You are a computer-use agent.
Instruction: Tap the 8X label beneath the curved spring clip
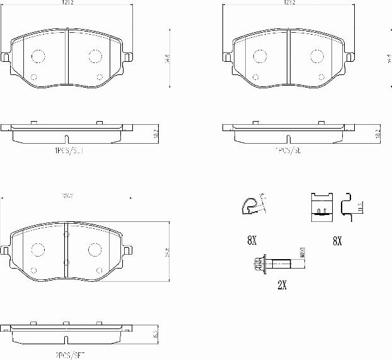point(251,240)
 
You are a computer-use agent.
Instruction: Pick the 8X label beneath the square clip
point(336,240)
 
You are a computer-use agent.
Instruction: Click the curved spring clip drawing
point(251,204)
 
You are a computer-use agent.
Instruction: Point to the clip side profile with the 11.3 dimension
point(349,205)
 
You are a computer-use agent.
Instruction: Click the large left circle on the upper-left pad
point(38,56)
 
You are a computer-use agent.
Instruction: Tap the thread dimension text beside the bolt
point(303,255)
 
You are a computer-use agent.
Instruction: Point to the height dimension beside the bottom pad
point(167,252)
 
